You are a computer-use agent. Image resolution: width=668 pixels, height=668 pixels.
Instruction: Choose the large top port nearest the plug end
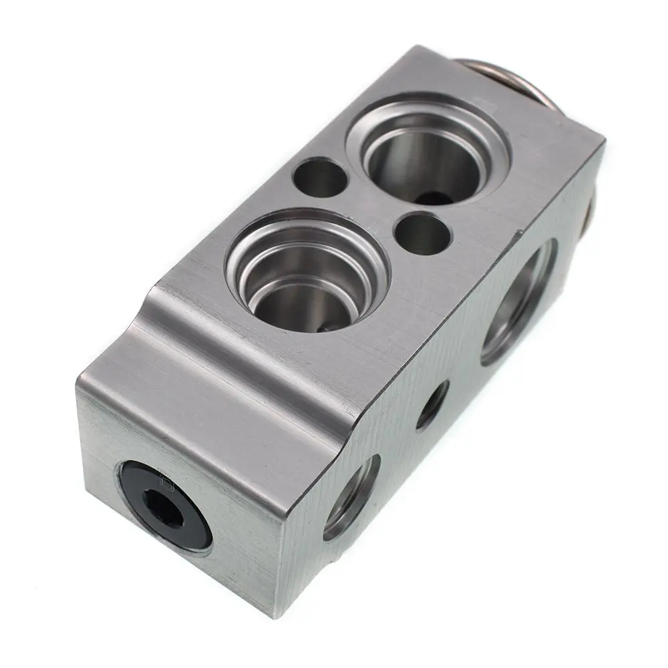tap(307, 271)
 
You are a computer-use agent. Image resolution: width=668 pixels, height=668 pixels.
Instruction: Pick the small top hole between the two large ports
tap(423, 233)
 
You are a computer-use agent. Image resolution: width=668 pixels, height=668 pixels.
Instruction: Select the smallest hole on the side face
tap(432, 405)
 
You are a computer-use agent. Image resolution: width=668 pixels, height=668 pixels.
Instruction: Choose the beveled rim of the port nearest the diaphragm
tap(374, 120)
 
